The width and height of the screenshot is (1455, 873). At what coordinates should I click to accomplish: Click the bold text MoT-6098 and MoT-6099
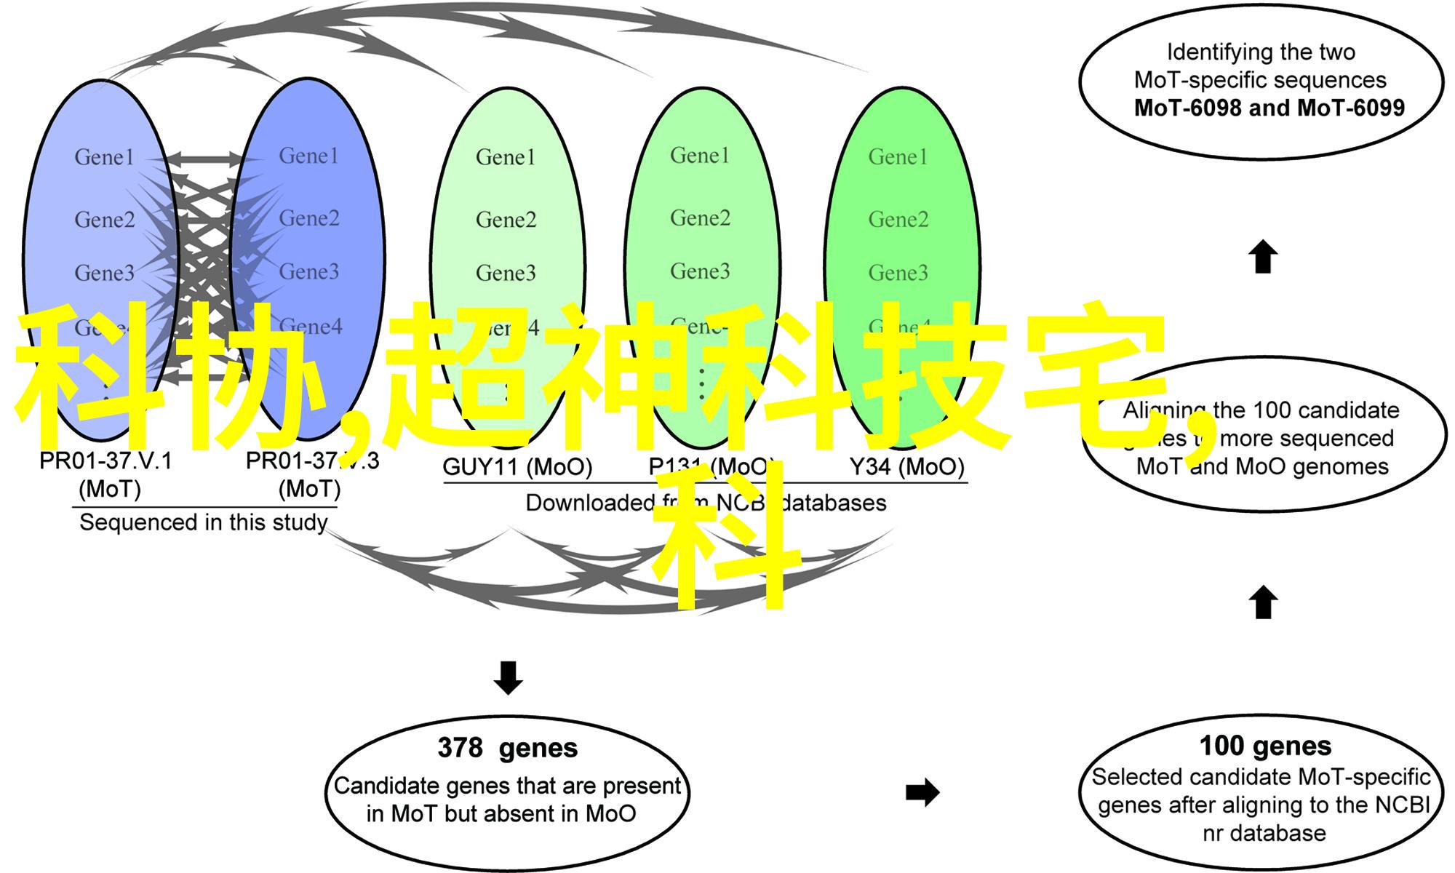1269,108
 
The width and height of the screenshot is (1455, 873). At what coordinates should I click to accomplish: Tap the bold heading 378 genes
507,748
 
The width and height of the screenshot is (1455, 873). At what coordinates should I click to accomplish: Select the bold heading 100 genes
1265,746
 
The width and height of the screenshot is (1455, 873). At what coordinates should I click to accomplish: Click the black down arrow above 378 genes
508,677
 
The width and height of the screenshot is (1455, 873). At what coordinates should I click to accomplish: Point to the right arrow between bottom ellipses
922,792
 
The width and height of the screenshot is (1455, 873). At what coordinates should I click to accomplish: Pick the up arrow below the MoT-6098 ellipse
1263,257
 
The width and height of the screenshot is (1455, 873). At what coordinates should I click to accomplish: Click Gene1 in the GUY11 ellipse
506,157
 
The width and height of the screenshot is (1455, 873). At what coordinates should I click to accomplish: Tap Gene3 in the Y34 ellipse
898,273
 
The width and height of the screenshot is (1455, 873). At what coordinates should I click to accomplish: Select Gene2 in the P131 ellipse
700,218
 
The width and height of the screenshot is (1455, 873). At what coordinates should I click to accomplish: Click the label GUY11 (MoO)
517,467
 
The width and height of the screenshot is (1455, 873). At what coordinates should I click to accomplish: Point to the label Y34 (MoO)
906,467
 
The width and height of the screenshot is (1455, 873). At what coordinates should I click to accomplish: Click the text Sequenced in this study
203,522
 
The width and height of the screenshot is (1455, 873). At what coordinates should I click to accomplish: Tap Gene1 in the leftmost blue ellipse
104,157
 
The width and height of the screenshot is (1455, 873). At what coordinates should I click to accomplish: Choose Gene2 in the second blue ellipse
309,218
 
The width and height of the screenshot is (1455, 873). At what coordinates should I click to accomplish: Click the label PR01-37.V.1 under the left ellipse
105,461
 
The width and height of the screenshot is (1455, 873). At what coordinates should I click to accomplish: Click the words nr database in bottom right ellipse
1264,833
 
